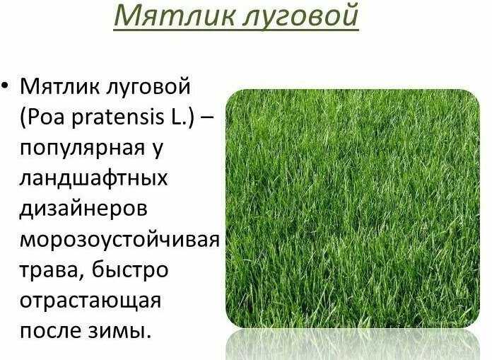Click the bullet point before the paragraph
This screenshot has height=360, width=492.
coord(5,86)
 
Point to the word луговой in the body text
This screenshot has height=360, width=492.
coord(148,88)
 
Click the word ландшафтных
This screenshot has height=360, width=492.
coord(94,179)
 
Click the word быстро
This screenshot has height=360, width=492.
coord(130,270)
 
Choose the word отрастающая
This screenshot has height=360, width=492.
coord(90,301)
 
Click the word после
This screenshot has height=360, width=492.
coord(50,330)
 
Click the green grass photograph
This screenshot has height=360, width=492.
coord(353,209)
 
